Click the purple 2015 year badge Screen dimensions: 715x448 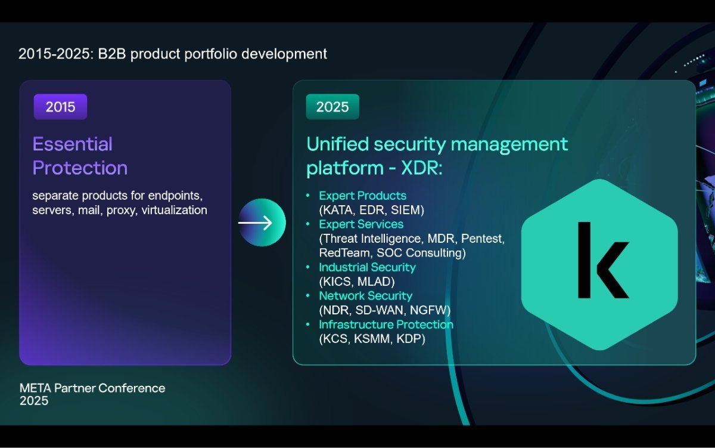point(60,107)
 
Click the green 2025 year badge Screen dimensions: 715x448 point(332,107)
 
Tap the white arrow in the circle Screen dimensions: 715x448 point(255,223)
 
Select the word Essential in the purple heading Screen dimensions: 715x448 point(73,144)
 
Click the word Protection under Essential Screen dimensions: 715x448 point(80,168)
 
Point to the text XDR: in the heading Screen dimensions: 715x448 point(422,168)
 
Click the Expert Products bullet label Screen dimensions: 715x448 point(363,196)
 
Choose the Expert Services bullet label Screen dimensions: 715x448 point(361,224)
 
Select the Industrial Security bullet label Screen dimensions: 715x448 point(368,267)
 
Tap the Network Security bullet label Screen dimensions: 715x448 point(366,296)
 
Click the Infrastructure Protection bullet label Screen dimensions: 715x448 point(386,325)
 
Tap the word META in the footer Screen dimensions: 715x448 point(35,388)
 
